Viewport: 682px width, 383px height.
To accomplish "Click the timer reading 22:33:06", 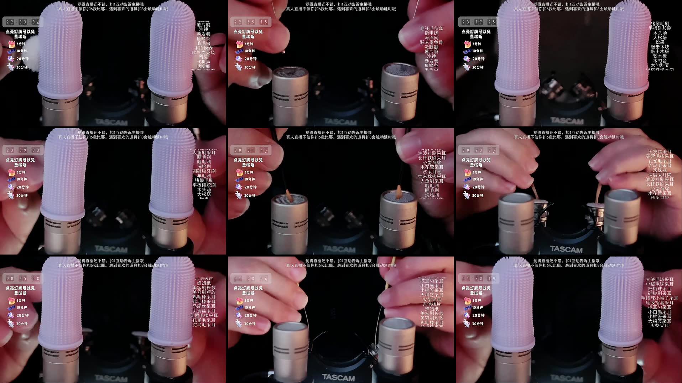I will [22, 22].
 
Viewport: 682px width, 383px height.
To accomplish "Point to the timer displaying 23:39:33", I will [22, 150].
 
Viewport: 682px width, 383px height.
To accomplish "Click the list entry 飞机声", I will [203, 62].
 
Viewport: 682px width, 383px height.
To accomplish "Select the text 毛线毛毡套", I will [431, 29].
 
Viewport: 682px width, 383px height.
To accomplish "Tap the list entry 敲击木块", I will [660, 47].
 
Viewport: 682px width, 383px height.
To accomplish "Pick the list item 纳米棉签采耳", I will [432, 176].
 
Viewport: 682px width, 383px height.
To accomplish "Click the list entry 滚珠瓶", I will [660, 170].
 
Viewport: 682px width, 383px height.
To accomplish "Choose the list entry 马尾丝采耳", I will [204, 306].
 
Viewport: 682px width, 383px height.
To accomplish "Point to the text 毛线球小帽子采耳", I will [660, 298].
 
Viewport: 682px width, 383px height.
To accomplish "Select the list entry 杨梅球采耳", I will [660, 289].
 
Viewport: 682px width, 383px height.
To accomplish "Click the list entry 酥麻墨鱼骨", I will [431, 42].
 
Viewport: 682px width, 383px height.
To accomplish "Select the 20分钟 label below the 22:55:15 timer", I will [250, 59].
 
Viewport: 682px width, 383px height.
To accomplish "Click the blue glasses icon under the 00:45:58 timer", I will [11, 307].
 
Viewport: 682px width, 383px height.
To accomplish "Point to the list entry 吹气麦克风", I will [203, 52].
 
